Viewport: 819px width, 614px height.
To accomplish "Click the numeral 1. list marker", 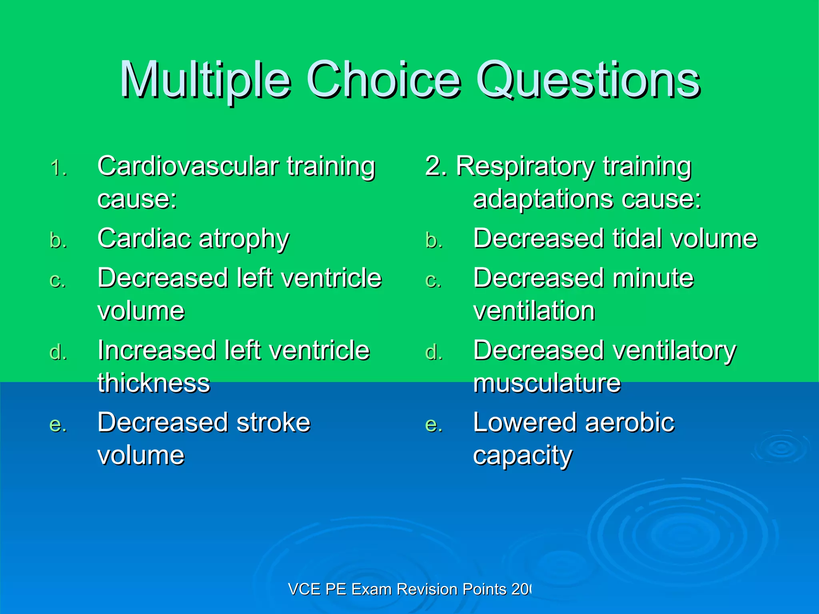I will pyautogui.click(x=59, y=168).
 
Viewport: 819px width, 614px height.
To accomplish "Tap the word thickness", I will pyautogui.click(x=154, y=383).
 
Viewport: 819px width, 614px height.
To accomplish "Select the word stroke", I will pyautogui.click(x=273, y=423).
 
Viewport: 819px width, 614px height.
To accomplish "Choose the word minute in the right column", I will pyautogui.click(x=653, y=278).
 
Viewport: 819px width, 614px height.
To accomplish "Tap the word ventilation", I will pyautogui.click(x=534, y=311).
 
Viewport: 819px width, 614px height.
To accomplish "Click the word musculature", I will pyautogui.click(x=547, y=383).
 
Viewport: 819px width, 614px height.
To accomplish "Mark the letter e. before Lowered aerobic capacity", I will pyautogui.click(x=434, y=425).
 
